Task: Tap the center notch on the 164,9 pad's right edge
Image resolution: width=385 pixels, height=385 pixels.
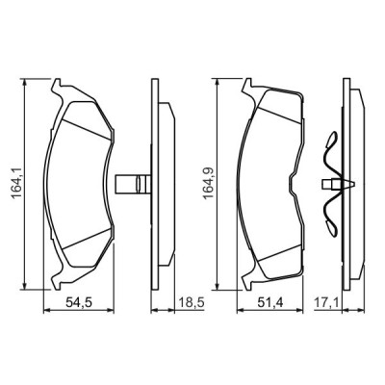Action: (x=304, y=183)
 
